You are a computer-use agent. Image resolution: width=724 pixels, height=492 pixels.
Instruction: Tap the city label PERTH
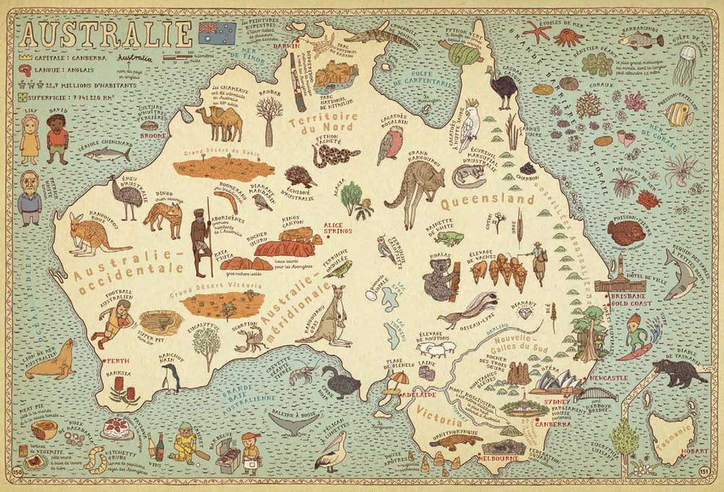(x=117, y=360)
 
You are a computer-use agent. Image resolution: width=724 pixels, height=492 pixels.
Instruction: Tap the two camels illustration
(x=219, y=124)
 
